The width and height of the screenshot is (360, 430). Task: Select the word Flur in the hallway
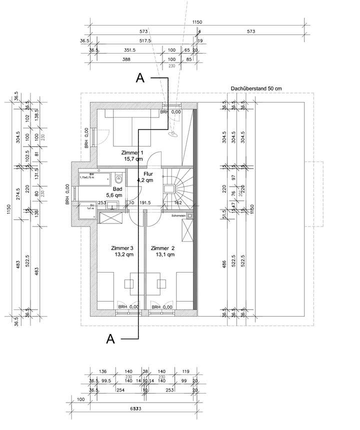coord(148,174)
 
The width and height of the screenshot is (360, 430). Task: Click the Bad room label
coord(117,189)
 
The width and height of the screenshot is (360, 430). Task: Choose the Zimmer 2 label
coord(162,248)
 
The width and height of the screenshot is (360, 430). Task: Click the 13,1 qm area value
coord(164,254)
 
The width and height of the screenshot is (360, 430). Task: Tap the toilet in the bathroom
coord(118,178)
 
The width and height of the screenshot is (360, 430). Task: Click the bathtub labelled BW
coord(96,177)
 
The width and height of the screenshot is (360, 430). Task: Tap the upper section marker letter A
coord(140,78)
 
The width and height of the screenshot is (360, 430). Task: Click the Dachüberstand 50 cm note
coord(256,88)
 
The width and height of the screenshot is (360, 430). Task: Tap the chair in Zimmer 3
coord(129,283)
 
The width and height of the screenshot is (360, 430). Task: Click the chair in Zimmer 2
coord(161,283)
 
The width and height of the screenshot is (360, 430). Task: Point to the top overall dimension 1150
coord(197,22)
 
